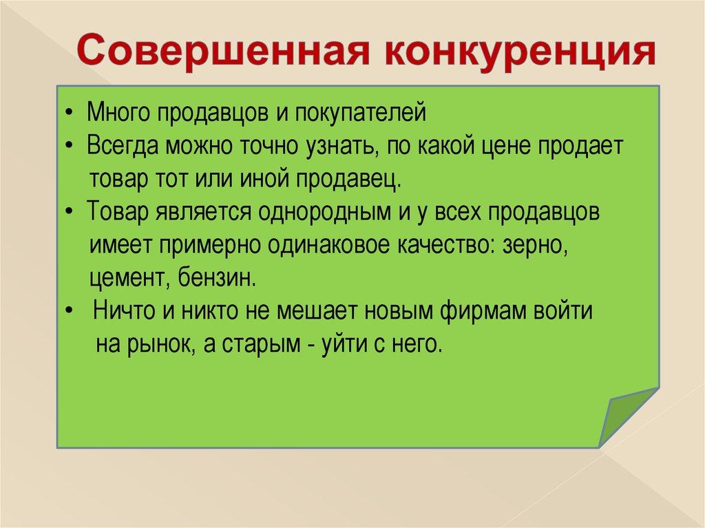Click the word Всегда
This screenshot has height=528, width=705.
(123, 146)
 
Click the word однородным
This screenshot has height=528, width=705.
(324, 212)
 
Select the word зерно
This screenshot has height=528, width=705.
(535, 246)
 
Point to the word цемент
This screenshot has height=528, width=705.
(129, 279)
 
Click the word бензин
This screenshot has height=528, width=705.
(217, 278)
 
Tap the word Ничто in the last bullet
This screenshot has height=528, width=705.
(123, 310)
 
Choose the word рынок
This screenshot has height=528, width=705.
(161, 345)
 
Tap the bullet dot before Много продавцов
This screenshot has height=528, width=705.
(68, 112)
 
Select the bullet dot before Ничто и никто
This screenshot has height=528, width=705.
(69, 311)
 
